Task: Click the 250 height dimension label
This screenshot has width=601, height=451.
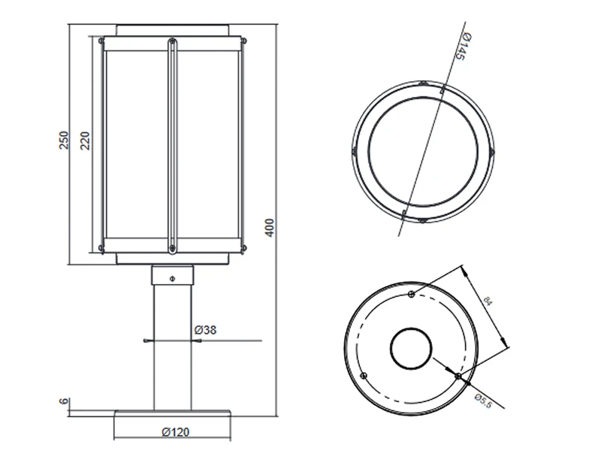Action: click(64, 140)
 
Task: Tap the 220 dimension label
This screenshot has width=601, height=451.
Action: click(85, 141)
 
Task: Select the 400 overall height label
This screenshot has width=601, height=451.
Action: click(270, 228)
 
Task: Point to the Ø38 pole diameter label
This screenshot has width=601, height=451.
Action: click(205, 329)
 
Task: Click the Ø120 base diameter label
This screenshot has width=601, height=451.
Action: click(176, 432)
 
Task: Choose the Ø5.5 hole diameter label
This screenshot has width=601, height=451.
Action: click(483, 401)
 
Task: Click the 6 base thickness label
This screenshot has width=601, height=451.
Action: click(64, 401)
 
